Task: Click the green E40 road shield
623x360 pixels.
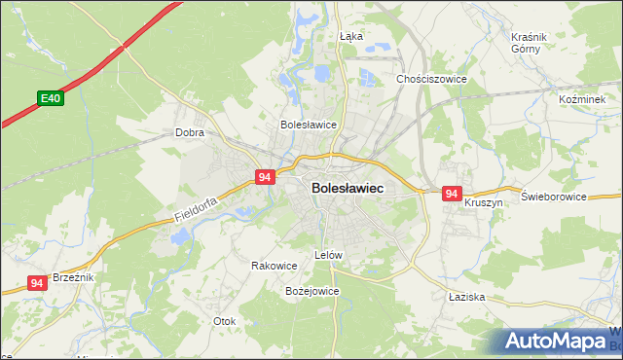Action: [51, 98]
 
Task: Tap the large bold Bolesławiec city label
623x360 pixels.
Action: [347, 188]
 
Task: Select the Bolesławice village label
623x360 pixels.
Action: [308, 125]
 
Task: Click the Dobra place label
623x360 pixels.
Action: [188, 132]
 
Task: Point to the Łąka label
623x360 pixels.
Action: [350, 36]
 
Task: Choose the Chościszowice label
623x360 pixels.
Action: [431, 79]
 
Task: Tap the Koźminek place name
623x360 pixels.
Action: [582, 99]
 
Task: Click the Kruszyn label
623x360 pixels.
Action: [483, 202]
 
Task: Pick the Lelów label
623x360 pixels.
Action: [329, 255]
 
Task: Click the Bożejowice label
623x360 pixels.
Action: [311, 291]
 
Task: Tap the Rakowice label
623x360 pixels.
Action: [274, 266]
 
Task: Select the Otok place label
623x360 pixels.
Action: [225, 320]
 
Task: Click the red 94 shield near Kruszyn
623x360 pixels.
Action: [451, 194]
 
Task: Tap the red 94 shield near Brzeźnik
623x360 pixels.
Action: [37, 283]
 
